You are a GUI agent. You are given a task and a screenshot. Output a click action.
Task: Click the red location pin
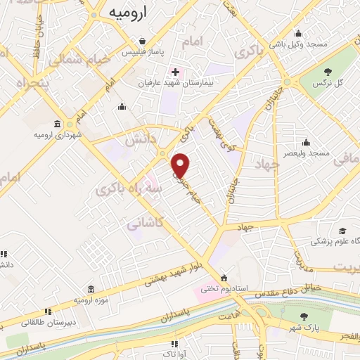click(181, 165)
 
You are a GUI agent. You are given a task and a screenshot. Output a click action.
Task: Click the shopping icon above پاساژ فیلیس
click(143, 41)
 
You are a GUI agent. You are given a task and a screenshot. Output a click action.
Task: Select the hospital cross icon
click(175, 72)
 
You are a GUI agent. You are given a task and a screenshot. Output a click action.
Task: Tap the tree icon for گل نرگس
click(328, 72)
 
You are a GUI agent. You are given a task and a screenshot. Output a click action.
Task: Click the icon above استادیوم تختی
click(224, 277)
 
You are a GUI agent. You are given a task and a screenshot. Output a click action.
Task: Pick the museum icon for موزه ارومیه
click(91, 290)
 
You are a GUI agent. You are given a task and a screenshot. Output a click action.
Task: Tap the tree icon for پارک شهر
click(304, 316)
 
